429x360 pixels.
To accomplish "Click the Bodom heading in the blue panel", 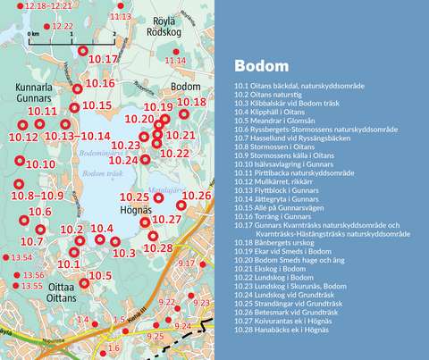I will click(260, 66).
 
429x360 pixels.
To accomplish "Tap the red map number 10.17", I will click(105, 59).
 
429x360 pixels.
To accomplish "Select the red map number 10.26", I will click(197, 195).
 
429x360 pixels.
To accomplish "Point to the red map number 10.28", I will click(157, 247).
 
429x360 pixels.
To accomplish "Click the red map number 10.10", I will click(41, 164).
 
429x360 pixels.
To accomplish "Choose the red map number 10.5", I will click(101, 276).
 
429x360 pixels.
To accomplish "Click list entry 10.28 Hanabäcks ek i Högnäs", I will click(282, 330).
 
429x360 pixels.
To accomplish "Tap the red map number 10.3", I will click(124, 254).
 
